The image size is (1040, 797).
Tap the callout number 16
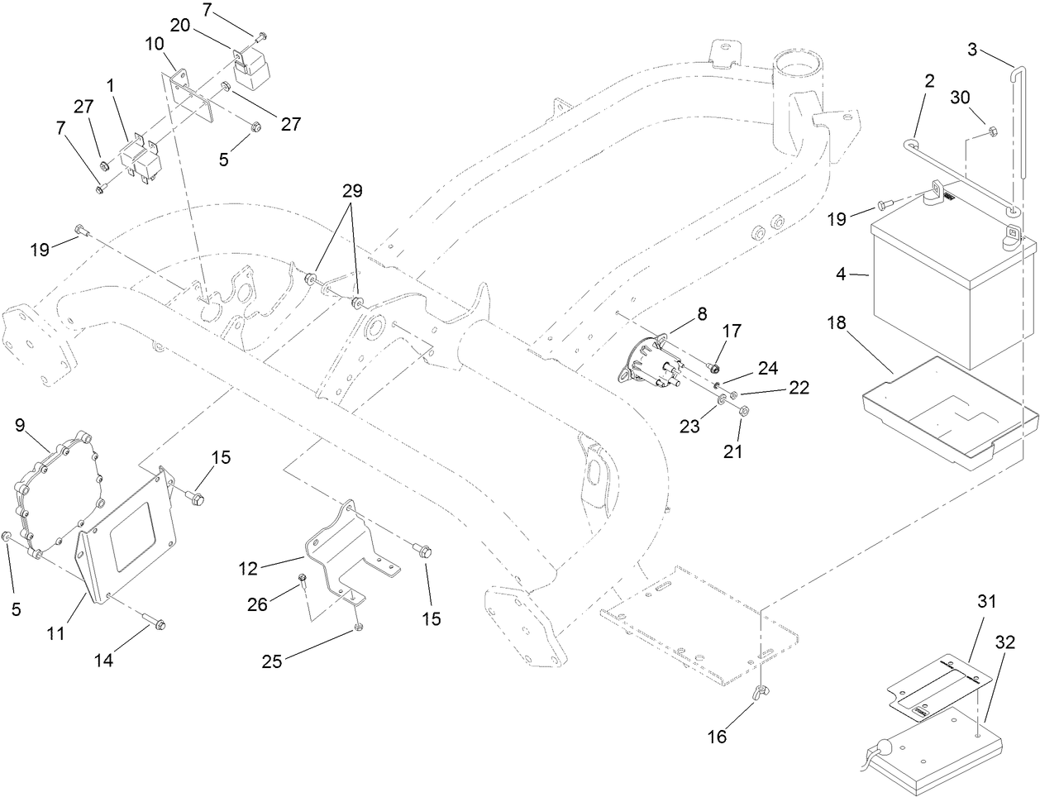(x=717, y=737)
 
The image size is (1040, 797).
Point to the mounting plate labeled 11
(x=132, y=537)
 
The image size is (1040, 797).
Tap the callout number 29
(x=352, y=190)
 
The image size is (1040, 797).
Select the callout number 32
(x=1004, y=642)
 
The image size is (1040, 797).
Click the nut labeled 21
(x=742, y=411)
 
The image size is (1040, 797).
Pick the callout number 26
(x=258, y=604)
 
